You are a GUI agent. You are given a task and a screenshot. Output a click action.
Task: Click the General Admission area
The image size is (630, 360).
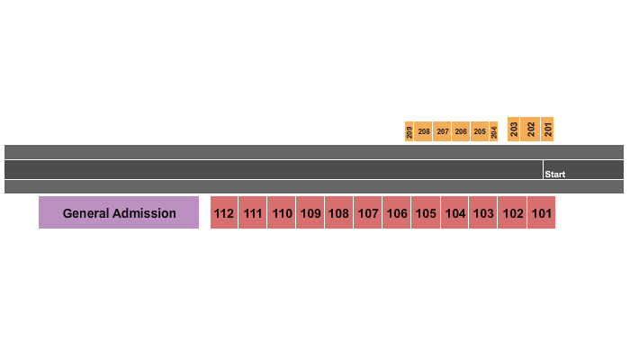[x=119, y=212]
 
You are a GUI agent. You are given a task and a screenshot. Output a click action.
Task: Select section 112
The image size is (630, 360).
[x=224, y=212]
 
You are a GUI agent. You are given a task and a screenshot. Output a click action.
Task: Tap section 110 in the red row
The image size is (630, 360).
[x=281, y=212]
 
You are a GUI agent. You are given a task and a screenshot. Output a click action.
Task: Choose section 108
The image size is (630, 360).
[x=338, y=212]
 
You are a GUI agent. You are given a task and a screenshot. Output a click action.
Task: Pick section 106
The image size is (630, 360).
[x=397, y=212]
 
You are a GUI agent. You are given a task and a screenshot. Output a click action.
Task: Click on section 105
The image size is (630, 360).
[x=426, y=212]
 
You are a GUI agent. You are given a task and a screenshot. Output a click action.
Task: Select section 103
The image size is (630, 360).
[x=483, y=212]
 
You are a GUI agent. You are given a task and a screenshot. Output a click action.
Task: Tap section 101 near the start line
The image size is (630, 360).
[x=541, y=212]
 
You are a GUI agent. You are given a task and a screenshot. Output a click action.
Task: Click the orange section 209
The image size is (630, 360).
[x=409, y=131]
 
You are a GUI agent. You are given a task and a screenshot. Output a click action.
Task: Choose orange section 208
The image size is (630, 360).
[x=423, y=131]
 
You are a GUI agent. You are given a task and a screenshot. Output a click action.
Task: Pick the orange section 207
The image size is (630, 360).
[x=442, y=131]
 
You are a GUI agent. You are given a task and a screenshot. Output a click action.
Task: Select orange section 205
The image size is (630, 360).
[x=480, y=131]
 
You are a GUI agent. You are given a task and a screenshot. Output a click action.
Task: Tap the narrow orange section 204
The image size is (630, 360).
[x=494, y=131]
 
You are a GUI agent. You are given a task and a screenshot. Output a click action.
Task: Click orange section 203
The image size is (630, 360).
[x=514, y=129]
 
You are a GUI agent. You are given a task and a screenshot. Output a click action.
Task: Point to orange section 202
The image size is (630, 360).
[x=530, y=129]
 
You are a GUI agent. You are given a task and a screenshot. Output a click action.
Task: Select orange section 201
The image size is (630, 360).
[x=547, y=129]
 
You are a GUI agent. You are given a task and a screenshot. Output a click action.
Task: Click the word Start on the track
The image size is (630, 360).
[x=555, y=175]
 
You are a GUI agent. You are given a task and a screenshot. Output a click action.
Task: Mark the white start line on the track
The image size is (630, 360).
[x=543, y=169]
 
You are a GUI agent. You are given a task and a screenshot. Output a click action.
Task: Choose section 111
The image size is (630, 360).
[x=252, y=212]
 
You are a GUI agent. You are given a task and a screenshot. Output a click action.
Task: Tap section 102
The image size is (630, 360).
[x=512, y=212]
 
